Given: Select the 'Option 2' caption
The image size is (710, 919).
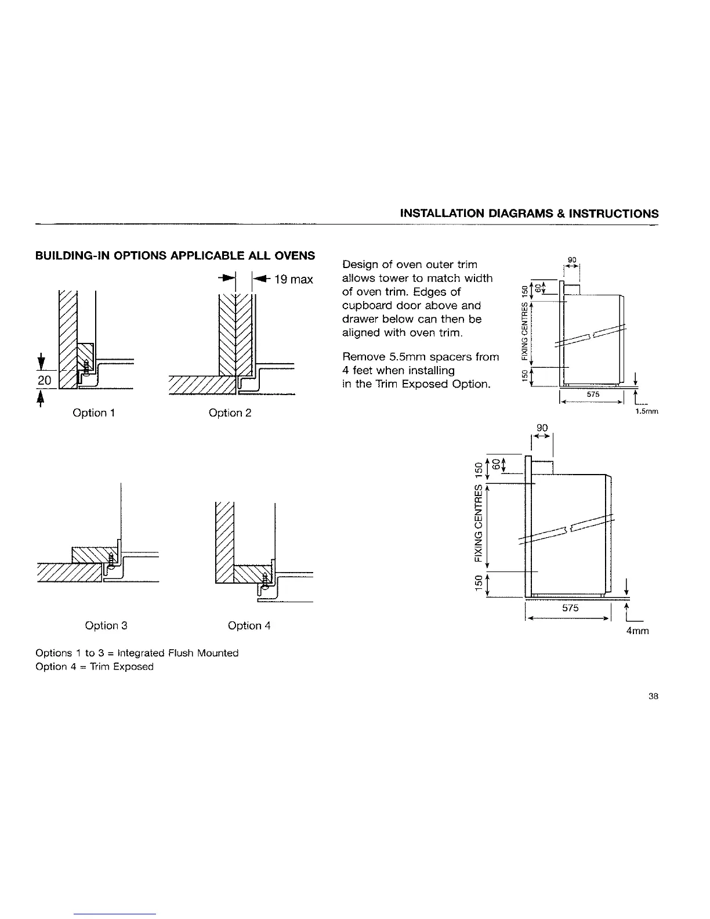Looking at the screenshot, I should pos(230,413).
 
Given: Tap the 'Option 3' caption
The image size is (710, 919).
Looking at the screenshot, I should pos(106,625).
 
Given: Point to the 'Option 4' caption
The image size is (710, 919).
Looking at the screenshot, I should pos(249,625).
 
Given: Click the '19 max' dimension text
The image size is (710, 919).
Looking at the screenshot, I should pos(293,280).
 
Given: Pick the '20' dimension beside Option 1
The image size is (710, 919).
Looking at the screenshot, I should pos(46,380).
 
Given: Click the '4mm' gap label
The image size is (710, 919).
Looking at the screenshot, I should pos(637,631).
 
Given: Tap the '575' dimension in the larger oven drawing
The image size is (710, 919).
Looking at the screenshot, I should pos(570,609).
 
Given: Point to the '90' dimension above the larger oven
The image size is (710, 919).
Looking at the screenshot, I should pos(542,428).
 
